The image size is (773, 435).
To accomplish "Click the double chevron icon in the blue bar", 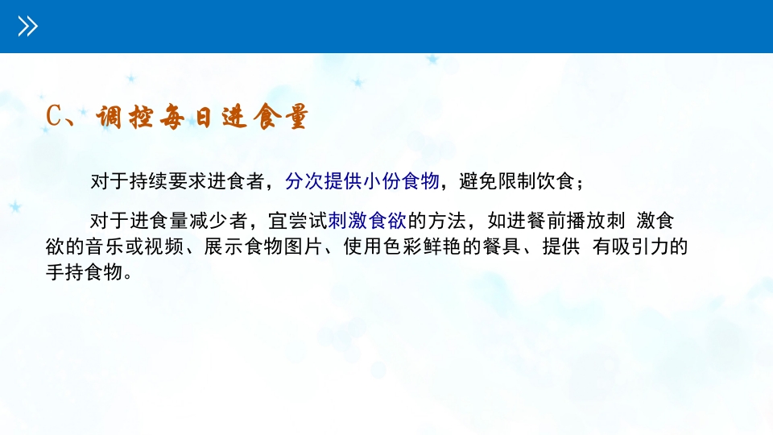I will click(28, 27).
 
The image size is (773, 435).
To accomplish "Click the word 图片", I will click(304, 246).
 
